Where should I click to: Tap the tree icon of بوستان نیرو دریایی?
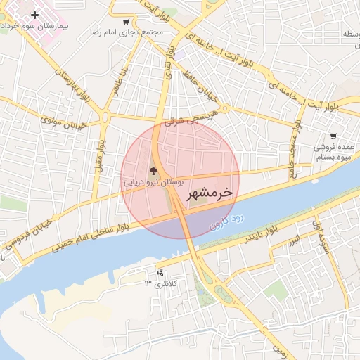[x=153, y=171]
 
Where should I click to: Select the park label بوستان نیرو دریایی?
[x=153, y=181]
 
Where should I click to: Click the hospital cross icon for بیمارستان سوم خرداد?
[x=34, y=15]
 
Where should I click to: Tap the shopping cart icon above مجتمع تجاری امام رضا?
[x=125, y=22]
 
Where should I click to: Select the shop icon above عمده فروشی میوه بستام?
[x=333, y=137]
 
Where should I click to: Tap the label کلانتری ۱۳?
[x=162, y=283]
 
